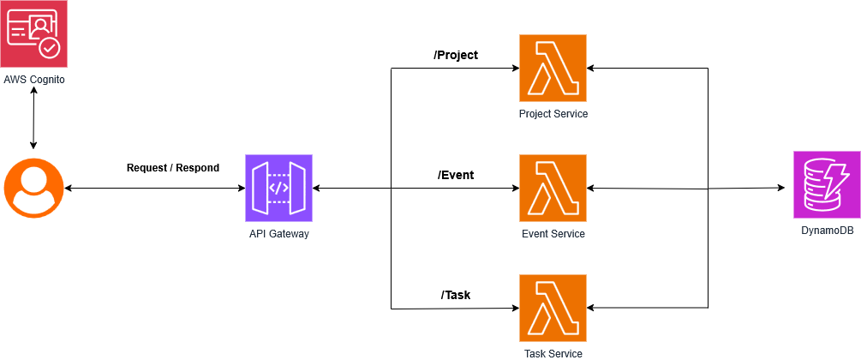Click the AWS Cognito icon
[x=33, y=33]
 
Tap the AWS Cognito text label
[x=33, y=79]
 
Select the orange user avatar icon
[x=33, y=188]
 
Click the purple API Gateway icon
[x=278, y=188]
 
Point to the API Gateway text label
[x=278, y=234]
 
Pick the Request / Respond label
[x=173, y=167]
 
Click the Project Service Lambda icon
[x=553, y=68]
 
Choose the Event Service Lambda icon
[x=553, y=188]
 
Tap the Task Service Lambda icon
[x=553, y=308]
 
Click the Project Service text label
[x=553, y=114]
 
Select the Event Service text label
[x=553, y=234]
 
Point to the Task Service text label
[x=553, y=353]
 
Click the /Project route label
[x=456, y=55]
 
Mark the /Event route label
[x=456, y=175]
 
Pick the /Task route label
[x=456, y=295]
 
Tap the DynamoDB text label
[x=827, y=232]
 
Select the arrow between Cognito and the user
[x=33, y=119]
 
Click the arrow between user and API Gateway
[x=154, y=188]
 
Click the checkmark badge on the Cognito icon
[x=51, y=48]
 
